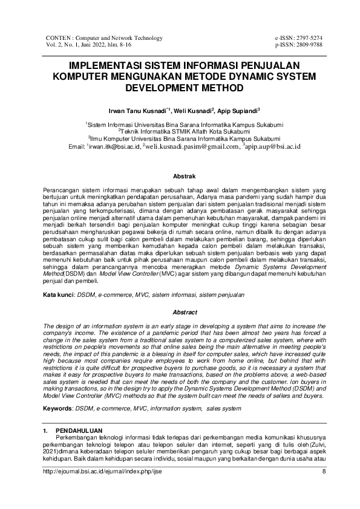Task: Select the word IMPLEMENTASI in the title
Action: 107,66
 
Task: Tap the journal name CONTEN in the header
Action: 59,38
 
